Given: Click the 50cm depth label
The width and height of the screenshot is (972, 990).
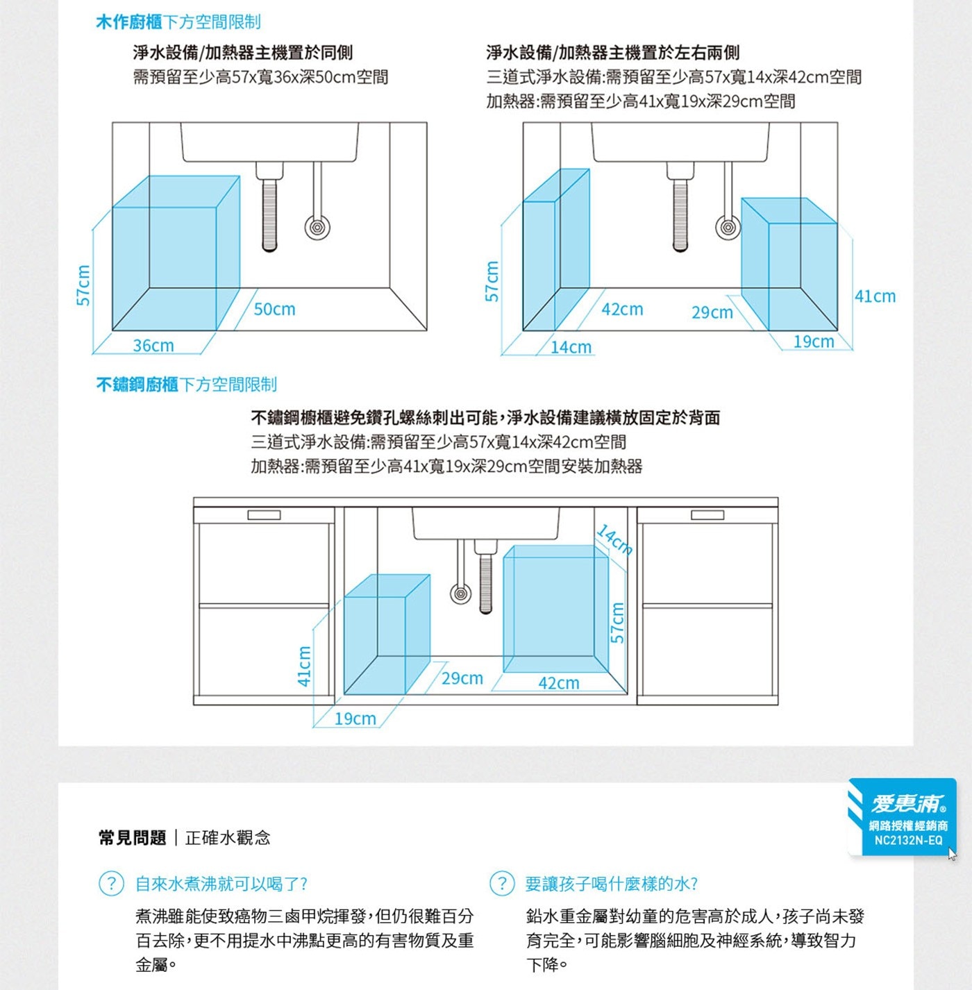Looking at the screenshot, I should [274, 309].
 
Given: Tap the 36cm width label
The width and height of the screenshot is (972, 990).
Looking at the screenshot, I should [153, 345].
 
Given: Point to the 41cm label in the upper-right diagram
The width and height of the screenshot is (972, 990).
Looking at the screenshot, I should [875, 296].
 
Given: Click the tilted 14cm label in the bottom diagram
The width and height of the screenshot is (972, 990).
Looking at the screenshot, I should [615, 539].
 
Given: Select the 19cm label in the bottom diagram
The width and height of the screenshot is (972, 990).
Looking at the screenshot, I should [355, 719].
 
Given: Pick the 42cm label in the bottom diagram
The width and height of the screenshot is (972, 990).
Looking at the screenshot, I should [558, 683].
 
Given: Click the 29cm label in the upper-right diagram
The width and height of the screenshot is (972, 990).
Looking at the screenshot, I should [712, 312].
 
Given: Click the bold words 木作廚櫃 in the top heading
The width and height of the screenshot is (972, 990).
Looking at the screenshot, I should [128, 22].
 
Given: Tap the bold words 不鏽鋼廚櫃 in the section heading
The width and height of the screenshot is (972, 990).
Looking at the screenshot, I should [137, 385].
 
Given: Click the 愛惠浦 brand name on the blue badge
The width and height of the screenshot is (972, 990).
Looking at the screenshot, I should [907, 804].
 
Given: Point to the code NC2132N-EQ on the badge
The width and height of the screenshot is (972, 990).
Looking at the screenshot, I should [908, 840].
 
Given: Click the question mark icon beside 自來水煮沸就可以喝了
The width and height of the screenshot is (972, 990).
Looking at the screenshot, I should [111, 884].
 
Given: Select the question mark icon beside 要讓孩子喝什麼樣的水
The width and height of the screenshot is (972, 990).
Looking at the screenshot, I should [502, 884].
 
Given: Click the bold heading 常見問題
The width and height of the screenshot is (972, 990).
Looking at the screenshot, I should [132, 838].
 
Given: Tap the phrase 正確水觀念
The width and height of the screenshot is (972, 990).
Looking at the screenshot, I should [228, 838].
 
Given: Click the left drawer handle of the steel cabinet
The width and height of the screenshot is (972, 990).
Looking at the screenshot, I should [264, 515].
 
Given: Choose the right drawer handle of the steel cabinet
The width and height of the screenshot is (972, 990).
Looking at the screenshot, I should [707, 515].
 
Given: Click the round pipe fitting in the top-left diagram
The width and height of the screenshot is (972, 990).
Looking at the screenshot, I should [317, 227].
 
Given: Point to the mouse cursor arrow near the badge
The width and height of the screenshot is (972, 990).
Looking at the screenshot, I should [952, 854].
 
